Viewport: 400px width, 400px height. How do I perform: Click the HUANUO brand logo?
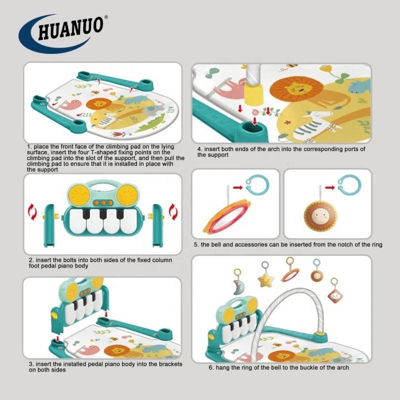pos(63,33)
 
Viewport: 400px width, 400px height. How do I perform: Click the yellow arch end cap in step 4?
pos(253,94)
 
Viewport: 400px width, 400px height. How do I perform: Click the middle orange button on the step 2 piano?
pos(103,203)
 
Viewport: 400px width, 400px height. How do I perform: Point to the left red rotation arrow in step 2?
pos(32,211)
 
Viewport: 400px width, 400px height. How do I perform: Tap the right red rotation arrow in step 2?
pos(173,211)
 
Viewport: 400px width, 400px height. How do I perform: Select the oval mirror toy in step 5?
pos(226,216)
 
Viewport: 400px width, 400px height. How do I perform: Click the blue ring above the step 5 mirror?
pos(257,184)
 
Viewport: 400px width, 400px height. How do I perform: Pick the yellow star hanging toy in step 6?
pos(265,280)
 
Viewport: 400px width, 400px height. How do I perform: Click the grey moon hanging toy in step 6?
pos(238,287)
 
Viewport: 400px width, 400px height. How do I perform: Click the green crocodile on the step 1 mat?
pos(149,123)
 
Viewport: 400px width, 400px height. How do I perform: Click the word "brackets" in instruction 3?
pos(170,364)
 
